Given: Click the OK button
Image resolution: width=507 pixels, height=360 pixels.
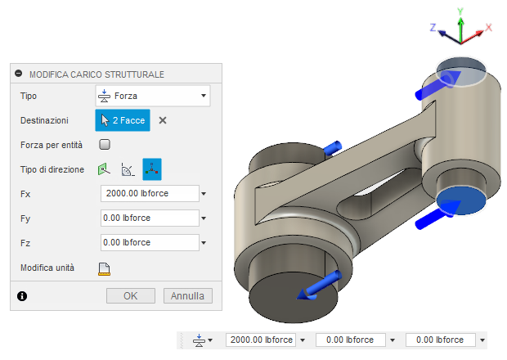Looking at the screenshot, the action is (x=131, y=295).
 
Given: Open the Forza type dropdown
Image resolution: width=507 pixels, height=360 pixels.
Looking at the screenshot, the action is (x=153, y=96).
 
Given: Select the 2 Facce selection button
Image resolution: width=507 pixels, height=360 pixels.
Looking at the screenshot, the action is (x=123, y=120).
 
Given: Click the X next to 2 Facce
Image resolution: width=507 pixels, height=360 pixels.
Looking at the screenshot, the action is (x=163, y=120).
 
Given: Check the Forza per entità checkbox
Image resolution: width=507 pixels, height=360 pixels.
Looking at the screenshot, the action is (x=105, y=144).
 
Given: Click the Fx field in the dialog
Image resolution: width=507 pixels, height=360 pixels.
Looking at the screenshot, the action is (x=150, y=193).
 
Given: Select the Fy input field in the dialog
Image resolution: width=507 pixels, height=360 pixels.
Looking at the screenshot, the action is (x=150, y=218).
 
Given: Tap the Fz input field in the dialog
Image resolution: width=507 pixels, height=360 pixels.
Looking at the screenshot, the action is (x=150, y=242).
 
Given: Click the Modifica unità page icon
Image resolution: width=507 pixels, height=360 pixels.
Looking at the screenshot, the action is (x=104, y=269).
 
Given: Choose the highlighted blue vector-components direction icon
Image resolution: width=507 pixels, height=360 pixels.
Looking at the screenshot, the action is (x=152, y=169).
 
